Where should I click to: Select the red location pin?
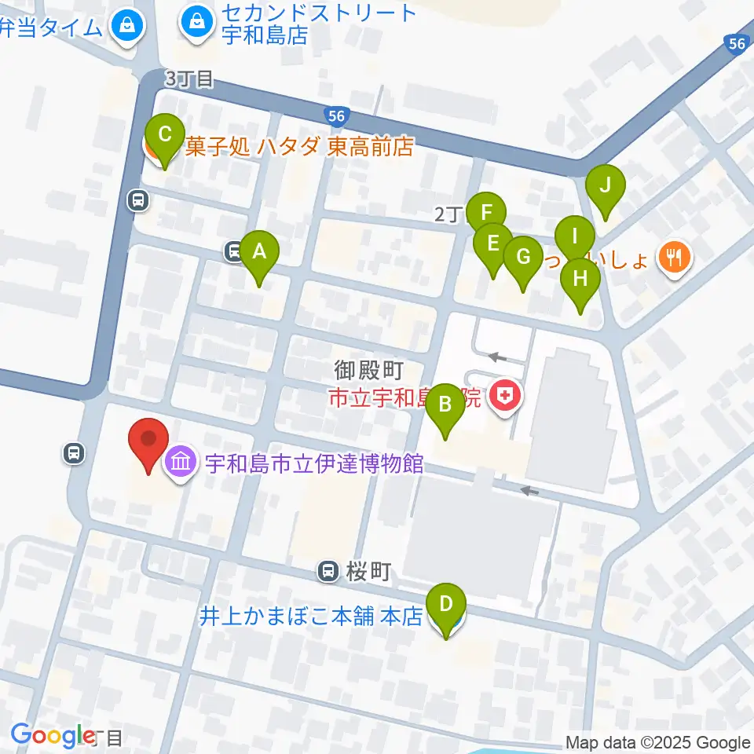point(148,445)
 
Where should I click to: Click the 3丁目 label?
point(188,79)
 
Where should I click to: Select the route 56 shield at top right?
point(736,46)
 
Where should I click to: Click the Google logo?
point(52,736)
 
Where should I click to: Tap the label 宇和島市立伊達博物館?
point(314,463)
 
